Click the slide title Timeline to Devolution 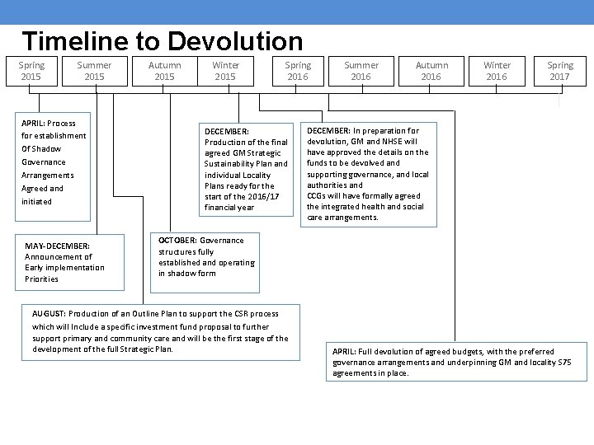click(x=163, y=41)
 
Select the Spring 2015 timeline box click(x=31, y=71)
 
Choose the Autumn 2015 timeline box click(x=165, y=71)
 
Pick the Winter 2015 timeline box click(x=225, y=71)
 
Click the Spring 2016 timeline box click(x=298, y=71)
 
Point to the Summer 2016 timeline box click(x=361, y=71)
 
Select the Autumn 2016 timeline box click(x=431, y=71)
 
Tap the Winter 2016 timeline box click(x=497, y=71)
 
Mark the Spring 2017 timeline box click(x=560, y=71)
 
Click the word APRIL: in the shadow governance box click(x=35, y=124)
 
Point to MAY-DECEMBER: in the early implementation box click(x=57, y=246)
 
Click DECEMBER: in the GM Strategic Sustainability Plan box click(x=227, y=130)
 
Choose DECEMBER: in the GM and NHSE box click(x=328, y=130)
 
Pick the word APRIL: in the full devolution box click(x=345, y=352)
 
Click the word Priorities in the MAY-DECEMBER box click(x=42, y=279)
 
